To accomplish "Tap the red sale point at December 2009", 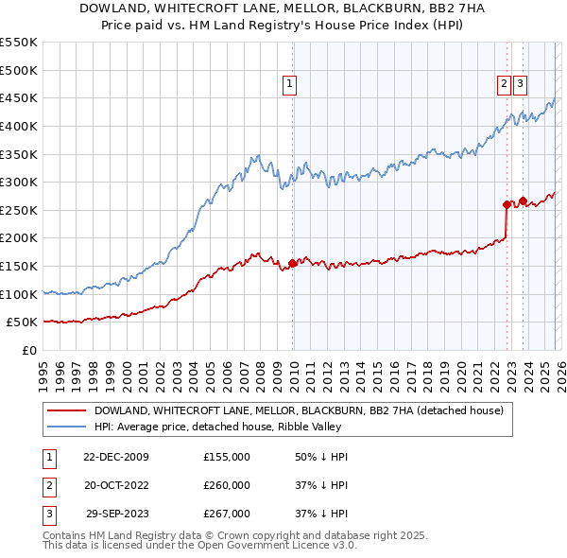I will [x=293, y=263].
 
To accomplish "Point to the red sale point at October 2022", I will [x=507, y=203].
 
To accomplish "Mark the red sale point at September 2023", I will [x=523, y=201].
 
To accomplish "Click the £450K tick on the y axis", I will [x=19, y=97].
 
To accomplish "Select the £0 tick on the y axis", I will [x=28, y=350].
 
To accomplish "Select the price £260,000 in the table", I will [x=227, y=485].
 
